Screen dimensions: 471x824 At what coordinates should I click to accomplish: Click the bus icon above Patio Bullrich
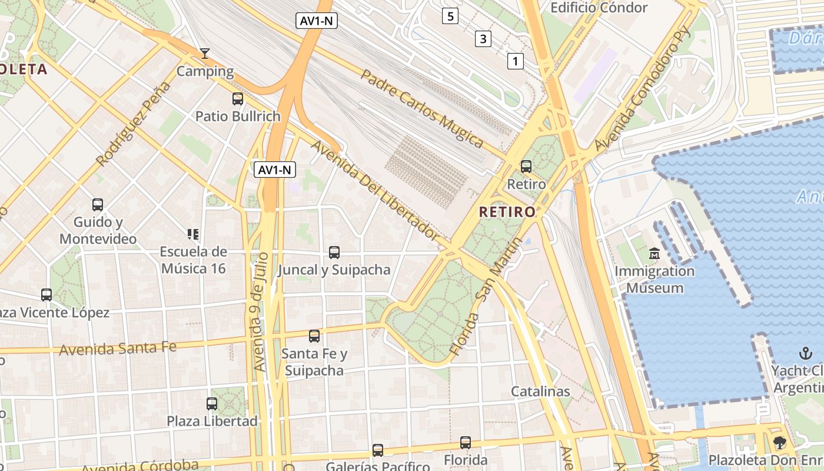[x=238, y=99]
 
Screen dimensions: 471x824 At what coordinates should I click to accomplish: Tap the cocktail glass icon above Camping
[x=205, y=54]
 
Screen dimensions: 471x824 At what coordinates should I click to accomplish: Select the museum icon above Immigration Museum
[x=654, y=254]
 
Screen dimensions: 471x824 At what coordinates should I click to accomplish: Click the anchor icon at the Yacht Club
[x=805, y=353]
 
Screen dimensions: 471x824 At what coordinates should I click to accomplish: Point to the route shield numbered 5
[x=450, y=16]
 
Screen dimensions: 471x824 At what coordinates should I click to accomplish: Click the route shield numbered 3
[x=483, y=39]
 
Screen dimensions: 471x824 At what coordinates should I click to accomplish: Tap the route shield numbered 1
[x=516, y=61]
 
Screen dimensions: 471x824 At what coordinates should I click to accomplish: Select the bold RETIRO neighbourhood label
[x=507, y=212]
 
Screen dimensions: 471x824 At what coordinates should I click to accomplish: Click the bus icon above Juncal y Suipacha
[x=334, y=253]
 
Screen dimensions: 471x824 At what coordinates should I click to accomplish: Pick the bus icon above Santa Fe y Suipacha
[x=314, y=336]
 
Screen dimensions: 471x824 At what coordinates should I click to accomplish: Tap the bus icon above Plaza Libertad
[x=212, y=404]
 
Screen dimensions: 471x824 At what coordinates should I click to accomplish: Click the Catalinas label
[x=540, y=391]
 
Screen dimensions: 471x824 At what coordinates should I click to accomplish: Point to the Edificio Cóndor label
[x=599, y=8]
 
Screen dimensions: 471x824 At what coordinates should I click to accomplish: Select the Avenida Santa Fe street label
[x=118, y=349]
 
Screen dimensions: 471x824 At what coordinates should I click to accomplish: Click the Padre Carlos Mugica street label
[x=421, y=109]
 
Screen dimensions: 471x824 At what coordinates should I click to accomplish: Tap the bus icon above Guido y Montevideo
[x=98, y=205]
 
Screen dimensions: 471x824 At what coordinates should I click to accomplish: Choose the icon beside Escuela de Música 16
[x=192, y=234]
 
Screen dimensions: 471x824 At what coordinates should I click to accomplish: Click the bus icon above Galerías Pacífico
[x=378, y=450]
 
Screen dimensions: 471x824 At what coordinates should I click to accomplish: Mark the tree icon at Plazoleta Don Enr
[x=780, y=443]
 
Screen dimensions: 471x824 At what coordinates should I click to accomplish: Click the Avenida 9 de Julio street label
[x=261, y=311]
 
